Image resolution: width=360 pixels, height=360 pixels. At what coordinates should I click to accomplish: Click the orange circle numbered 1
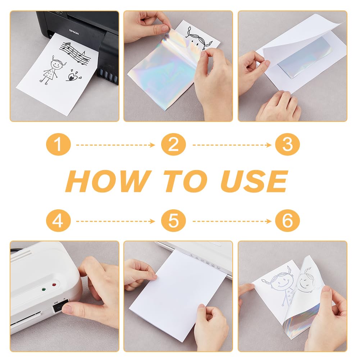pos(58,145)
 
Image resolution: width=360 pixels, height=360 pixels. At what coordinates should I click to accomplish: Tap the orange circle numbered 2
pos(173,145)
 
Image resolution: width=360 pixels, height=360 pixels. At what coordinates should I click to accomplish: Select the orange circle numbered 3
pos(287,145)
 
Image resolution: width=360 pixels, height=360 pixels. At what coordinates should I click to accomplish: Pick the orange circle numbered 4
pos(58,220)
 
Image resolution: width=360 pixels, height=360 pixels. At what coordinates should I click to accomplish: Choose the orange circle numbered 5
pos(173,220)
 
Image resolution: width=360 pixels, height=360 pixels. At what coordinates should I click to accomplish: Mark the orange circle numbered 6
pos(287,220)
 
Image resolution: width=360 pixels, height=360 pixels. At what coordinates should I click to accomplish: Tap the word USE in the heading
pos(254,181)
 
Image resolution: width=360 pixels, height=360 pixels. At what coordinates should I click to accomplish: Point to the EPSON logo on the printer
pos(74,32)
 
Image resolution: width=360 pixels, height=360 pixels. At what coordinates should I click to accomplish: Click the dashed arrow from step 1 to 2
pos(116,145)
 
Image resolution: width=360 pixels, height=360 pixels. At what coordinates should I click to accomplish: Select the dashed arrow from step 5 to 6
pos(232,221)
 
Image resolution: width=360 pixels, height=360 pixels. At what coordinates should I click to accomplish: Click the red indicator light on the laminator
pos(54,285)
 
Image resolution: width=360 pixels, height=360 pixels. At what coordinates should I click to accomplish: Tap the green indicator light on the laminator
pos(44,289)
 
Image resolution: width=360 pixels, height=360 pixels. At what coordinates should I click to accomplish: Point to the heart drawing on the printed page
pos(73,76)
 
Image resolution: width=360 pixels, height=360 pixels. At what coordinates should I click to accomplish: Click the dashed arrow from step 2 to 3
pos(232,145)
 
